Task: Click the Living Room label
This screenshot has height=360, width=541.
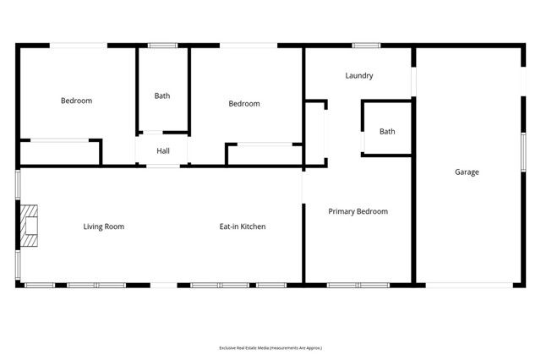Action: [103, 226]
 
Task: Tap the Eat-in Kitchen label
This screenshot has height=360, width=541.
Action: [243, 226]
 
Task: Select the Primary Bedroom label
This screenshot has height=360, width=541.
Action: [358, 211]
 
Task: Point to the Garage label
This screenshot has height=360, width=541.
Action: [467, 172]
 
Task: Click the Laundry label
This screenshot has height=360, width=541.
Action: [359, 76]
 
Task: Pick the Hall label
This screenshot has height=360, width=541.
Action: [164, 151]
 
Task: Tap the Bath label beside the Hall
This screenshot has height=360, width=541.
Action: [162, 96]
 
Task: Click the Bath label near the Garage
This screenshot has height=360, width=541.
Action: [387, 131]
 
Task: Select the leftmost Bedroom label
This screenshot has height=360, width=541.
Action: [76, 101]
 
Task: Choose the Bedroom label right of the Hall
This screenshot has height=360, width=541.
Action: [244, 104]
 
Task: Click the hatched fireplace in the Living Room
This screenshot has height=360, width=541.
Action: [30, 226]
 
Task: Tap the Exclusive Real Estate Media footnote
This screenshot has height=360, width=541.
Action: [270, 347]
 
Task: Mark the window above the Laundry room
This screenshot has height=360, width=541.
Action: [366, 46]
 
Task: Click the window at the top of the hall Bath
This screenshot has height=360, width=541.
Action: [162, 46]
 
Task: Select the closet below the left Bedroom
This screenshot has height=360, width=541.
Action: [59, 153]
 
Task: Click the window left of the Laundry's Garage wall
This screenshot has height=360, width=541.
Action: [413, 80]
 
